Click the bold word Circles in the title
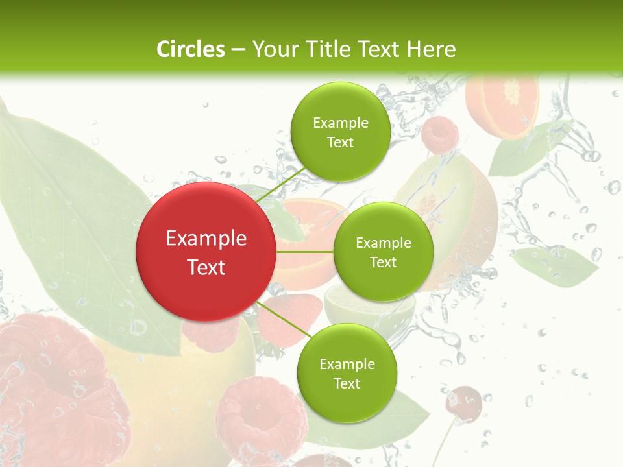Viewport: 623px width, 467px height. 190,49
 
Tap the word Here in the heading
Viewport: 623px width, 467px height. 431,49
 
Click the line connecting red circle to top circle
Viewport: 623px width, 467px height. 280,184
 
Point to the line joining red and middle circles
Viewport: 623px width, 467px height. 304,252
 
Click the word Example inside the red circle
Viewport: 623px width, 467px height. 206,239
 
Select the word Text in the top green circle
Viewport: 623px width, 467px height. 340,143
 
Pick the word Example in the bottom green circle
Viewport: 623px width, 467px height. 347,365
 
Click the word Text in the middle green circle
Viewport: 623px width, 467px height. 383,263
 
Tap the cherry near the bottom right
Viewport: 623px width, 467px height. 463,401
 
